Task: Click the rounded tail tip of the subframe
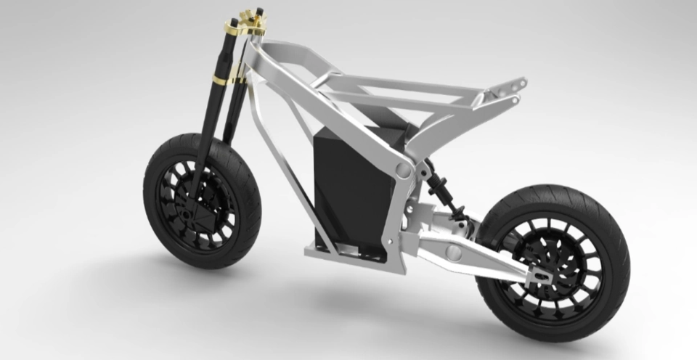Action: pos(518,86)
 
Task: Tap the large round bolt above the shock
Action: pos(401,168)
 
